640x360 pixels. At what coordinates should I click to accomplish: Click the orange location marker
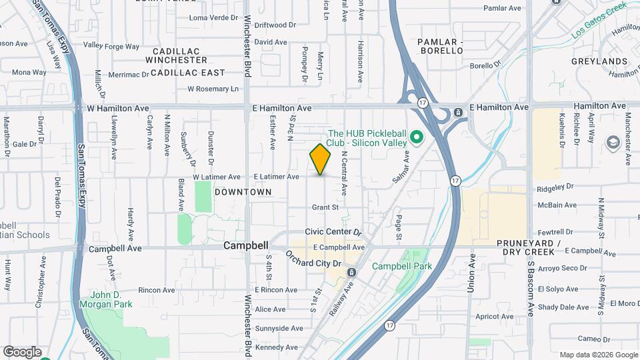click(321, 159)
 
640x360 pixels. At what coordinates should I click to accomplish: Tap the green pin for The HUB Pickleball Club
click(417, 138)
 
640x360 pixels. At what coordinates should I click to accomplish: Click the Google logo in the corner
click(22, 351)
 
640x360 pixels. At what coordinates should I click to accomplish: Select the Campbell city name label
click(245, 245)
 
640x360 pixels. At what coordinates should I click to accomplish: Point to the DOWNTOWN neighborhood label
click(243, 192)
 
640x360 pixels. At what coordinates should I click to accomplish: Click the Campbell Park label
click(402, 266)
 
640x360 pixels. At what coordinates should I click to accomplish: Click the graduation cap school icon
click(612, 142)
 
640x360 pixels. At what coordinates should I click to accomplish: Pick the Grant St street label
click(326, 207)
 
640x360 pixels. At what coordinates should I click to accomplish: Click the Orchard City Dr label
click(313, 259)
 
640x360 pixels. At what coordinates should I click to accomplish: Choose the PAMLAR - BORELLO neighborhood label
click(440, 46)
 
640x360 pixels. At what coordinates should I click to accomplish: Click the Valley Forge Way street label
click(111, 47)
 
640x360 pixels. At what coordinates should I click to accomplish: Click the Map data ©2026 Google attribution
click(597, 355)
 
